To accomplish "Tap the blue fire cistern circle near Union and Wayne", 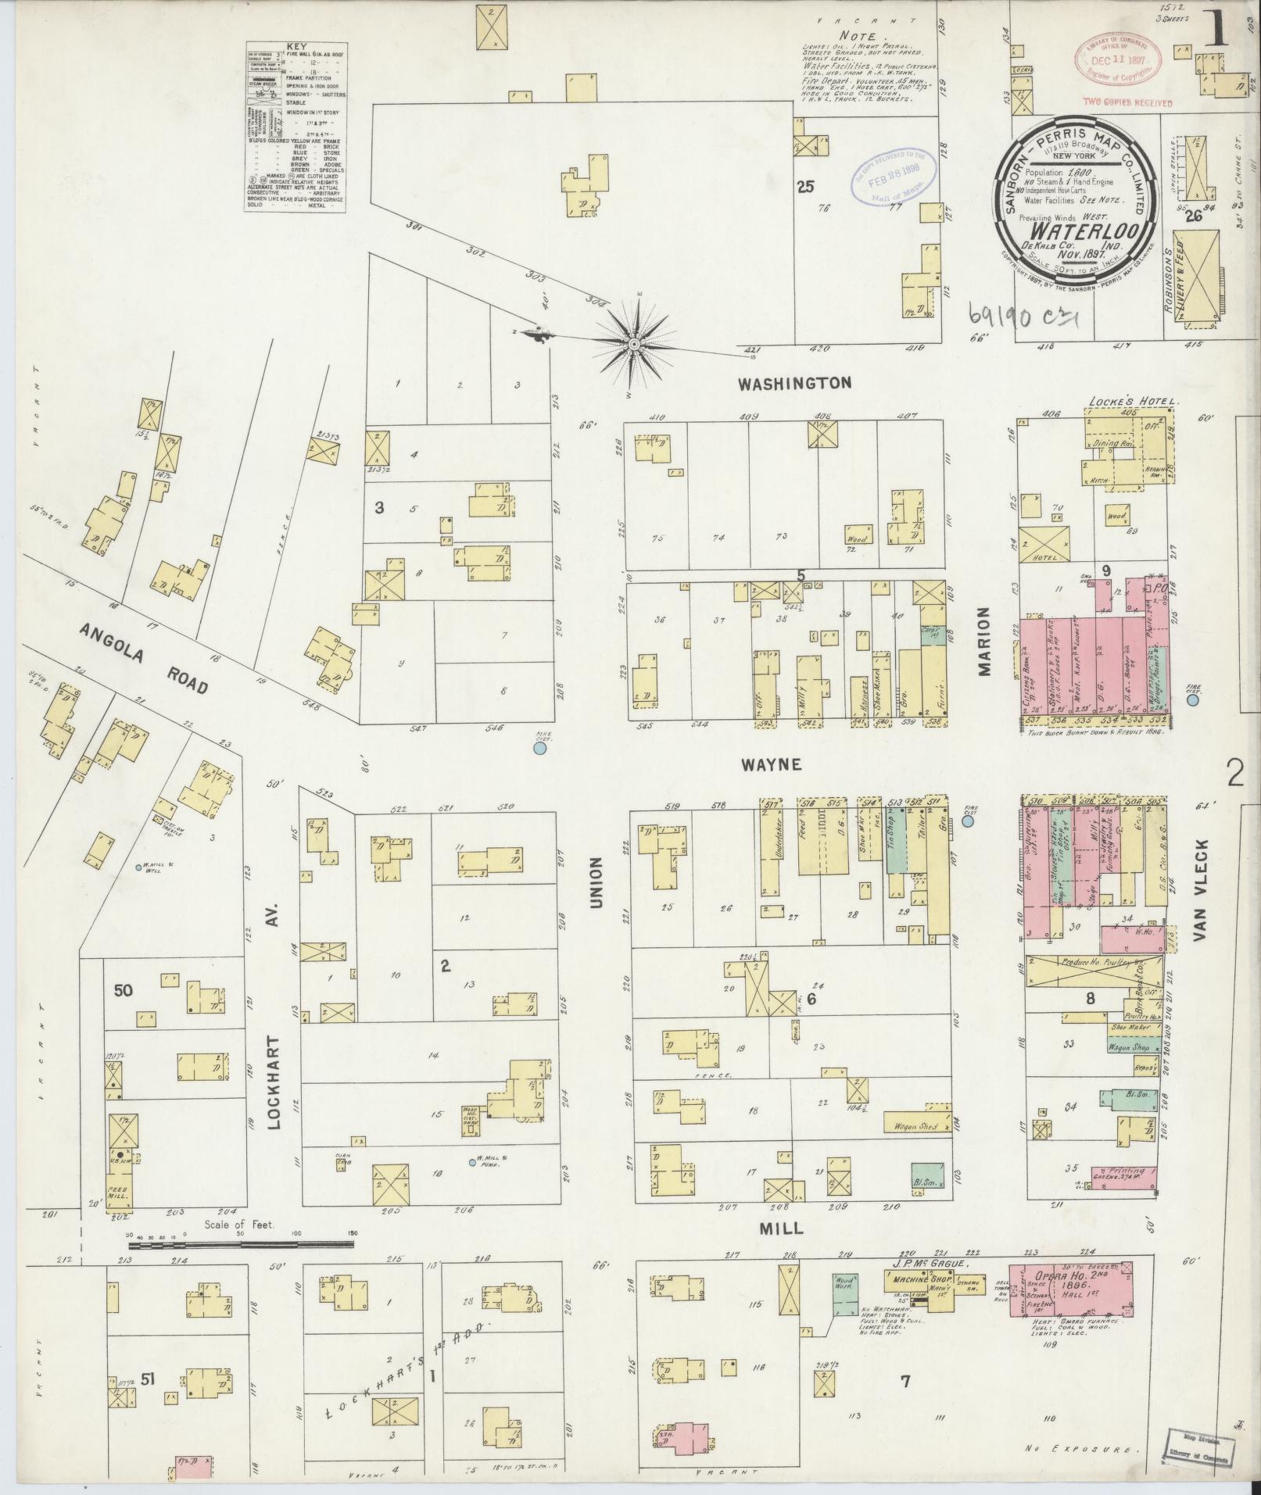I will coord(539,749).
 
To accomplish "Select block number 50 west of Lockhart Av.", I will coord(123,991).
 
